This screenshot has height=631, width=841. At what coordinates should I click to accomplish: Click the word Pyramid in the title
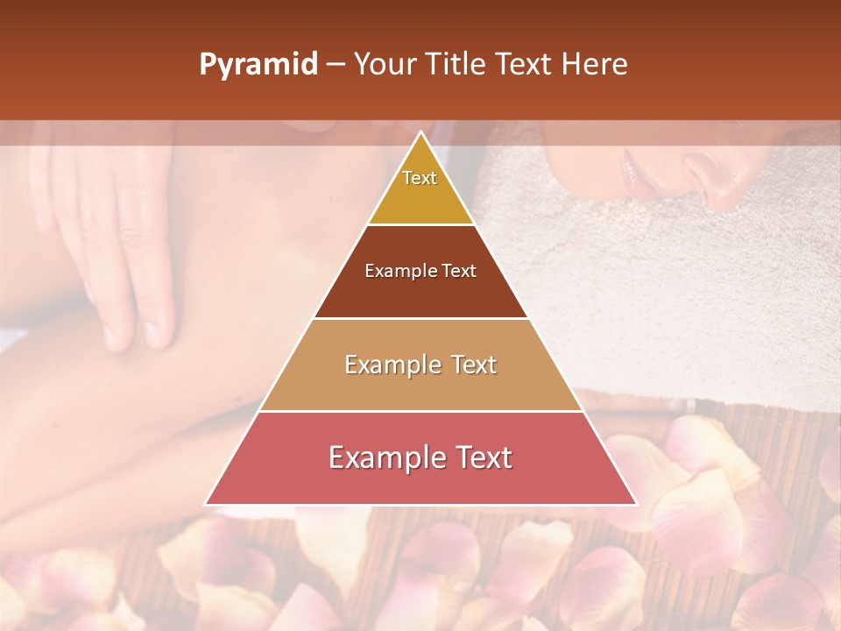258,65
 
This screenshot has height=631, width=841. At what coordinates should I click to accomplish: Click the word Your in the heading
384,65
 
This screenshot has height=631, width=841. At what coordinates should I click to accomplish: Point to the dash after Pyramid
336,65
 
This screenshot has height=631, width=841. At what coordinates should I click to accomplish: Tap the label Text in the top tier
420,178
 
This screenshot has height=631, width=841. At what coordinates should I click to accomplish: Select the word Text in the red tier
477,457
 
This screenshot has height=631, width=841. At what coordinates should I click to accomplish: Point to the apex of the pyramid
421,132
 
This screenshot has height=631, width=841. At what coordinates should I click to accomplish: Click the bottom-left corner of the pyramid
205,504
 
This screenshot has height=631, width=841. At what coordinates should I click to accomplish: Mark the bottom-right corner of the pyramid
637,504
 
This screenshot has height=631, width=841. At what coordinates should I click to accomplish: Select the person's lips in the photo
635,171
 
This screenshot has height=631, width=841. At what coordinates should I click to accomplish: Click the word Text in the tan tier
465,365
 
